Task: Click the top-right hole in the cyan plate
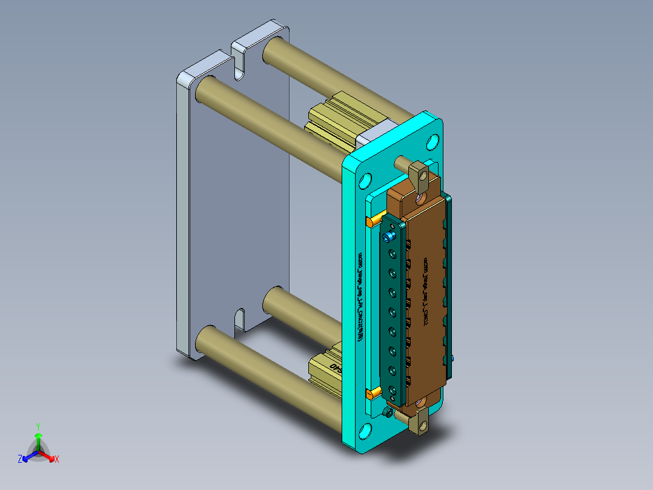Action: point(433,143)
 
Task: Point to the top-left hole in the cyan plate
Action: point(365,181)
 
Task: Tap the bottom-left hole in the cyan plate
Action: point(365,432)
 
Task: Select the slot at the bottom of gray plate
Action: point(240,320)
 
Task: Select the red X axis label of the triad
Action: point(56,460)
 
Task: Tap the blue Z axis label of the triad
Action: point(20,460)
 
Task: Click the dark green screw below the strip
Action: point(388,413)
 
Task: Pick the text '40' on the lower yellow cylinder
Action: point(335,367)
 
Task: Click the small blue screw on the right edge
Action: point(452,359)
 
